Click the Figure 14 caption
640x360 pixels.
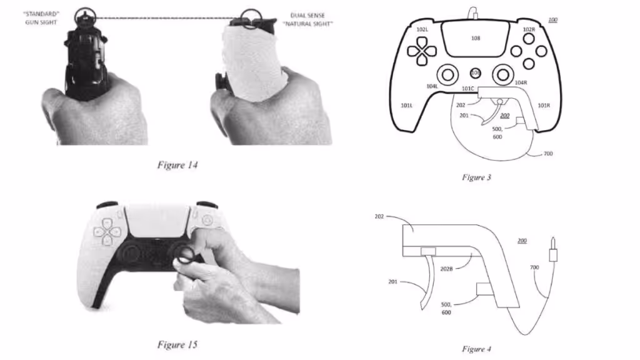[177, 165]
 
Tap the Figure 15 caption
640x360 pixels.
[177, 344]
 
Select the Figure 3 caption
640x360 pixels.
[476, 177]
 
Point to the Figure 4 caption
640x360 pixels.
[476, 349]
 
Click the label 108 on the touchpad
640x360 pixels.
[476, 38]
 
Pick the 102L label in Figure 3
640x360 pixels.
[422, 29]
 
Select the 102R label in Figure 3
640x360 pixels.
[529, 29]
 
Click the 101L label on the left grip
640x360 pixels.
[406, 105]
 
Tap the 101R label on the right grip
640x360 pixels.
[544, 105]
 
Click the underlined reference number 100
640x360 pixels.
[552, 19]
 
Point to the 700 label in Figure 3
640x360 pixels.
[547, 154]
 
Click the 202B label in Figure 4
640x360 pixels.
[446, 269]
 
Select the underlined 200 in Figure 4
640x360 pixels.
[522, 241]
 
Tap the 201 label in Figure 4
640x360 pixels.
[392, 282]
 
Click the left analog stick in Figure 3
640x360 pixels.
[447, 75]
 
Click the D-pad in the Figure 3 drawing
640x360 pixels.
[422, 51]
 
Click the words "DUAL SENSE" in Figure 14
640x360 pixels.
[307, 15]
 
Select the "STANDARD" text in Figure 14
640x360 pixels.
[41, 14]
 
